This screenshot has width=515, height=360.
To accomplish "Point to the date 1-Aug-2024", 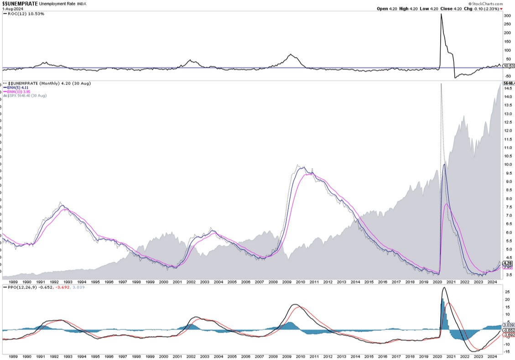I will tap(12, 9).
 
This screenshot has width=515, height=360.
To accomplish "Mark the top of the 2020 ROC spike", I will tap(441, 14).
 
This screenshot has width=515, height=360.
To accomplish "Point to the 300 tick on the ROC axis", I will tap(506, 16).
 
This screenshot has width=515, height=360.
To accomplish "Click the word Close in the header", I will tap(446, 9).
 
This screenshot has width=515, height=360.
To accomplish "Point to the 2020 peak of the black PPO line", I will tap(444, 287).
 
